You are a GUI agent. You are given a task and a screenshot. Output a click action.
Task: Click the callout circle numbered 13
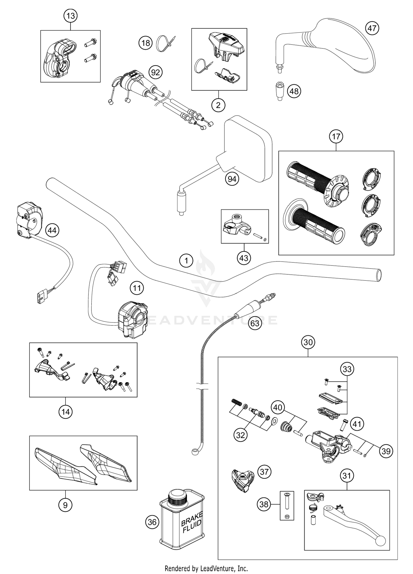(x=70, y=16)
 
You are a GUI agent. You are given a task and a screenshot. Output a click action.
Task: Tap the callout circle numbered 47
(x=372, y=28)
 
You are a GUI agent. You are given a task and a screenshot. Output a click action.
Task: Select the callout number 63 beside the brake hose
(x=255, y=323)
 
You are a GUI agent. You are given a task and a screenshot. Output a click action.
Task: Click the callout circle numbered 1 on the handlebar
(x=186, y=260)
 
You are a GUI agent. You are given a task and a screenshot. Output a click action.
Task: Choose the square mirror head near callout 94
(x=248, y=149)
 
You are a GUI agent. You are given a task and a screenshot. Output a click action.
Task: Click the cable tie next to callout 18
(x=165, y=43)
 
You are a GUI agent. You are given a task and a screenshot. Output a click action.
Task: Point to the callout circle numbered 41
(x=357, y=424)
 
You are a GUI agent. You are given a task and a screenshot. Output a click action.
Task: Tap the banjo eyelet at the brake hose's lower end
(x=194, y=452)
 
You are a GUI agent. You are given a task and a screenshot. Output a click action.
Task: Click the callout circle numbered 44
(x=52, y=230)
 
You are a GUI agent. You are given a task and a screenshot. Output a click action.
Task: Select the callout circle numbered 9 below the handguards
(x=65, y=505)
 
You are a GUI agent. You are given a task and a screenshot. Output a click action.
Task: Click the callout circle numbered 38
(x=264, y=504)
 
